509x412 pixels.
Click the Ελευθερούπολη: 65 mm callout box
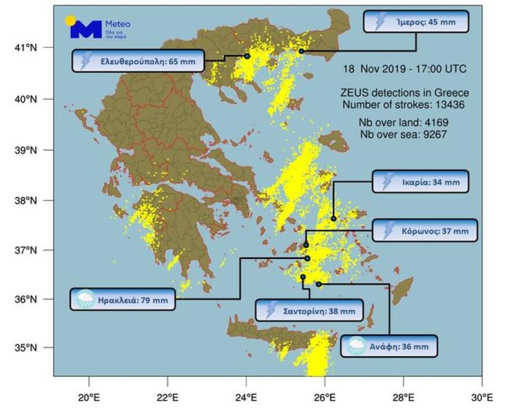pos(138,61)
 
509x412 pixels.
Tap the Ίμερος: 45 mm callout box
pos(416,22)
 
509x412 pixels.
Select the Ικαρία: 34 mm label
pos(420,181)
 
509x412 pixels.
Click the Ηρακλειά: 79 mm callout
pos(123,299)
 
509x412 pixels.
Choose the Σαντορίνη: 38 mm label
pos(310,310)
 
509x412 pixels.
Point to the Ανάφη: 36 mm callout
pos(389,346)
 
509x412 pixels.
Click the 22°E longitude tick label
pos(167,398)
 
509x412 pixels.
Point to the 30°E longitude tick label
pos(481,398)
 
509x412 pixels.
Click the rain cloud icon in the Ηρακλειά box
pos(85,299)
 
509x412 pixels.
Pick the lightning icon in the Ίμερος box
pos(380,22)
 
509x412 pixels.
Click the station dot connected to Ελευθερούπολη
pos(247,56)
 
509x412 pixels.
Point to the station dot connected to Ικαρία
pos(334,218)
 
